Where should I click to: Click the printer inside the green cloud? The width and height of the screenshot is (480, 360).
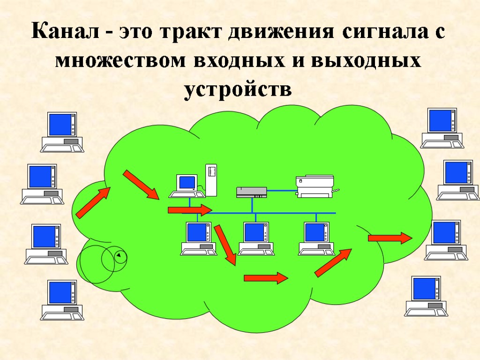point(315,186)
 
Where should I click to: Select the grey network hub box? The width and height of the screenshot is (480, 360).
point(252,191)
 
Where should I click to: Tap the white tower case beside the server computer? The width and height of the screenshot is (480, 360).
point(211,180)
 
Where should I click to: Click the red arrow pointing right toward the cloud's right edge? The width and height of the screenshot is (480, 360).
point(390,238)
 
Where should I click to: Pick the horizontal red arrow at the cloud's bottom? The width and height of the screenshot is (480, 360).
point(265,278)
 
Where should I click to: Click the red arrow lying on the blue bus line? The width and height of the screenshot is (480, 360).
point(190,210)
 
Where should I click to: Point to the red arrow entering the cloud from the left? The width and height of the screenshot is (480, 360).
point(93,202)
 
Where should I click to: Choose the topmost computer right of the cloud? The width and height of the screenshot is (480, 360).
point(442,127)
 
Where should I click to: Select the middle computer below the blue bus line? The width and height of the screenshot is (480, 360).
point(256,239)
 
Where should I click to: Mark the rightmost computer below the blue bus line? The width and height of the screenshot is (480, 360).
point(316,239)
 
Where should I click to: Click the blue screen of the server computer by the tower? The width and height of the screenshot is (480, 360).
point(187,182)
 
